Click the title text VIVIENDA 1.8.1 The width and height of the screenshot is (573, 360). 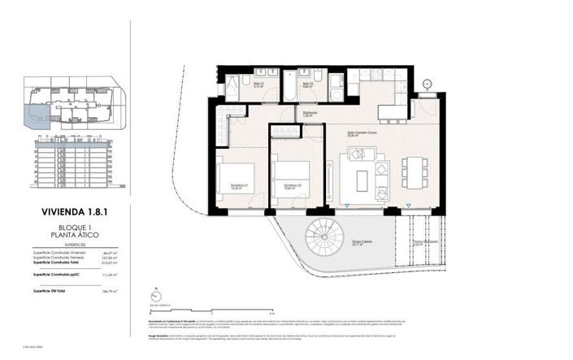click(x=73, y=213)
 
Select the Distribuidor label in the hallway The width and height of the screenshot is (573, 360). click(x=310, y=115)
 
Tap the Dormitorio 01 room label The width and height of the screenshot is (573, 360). click(x=239, y=185)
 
